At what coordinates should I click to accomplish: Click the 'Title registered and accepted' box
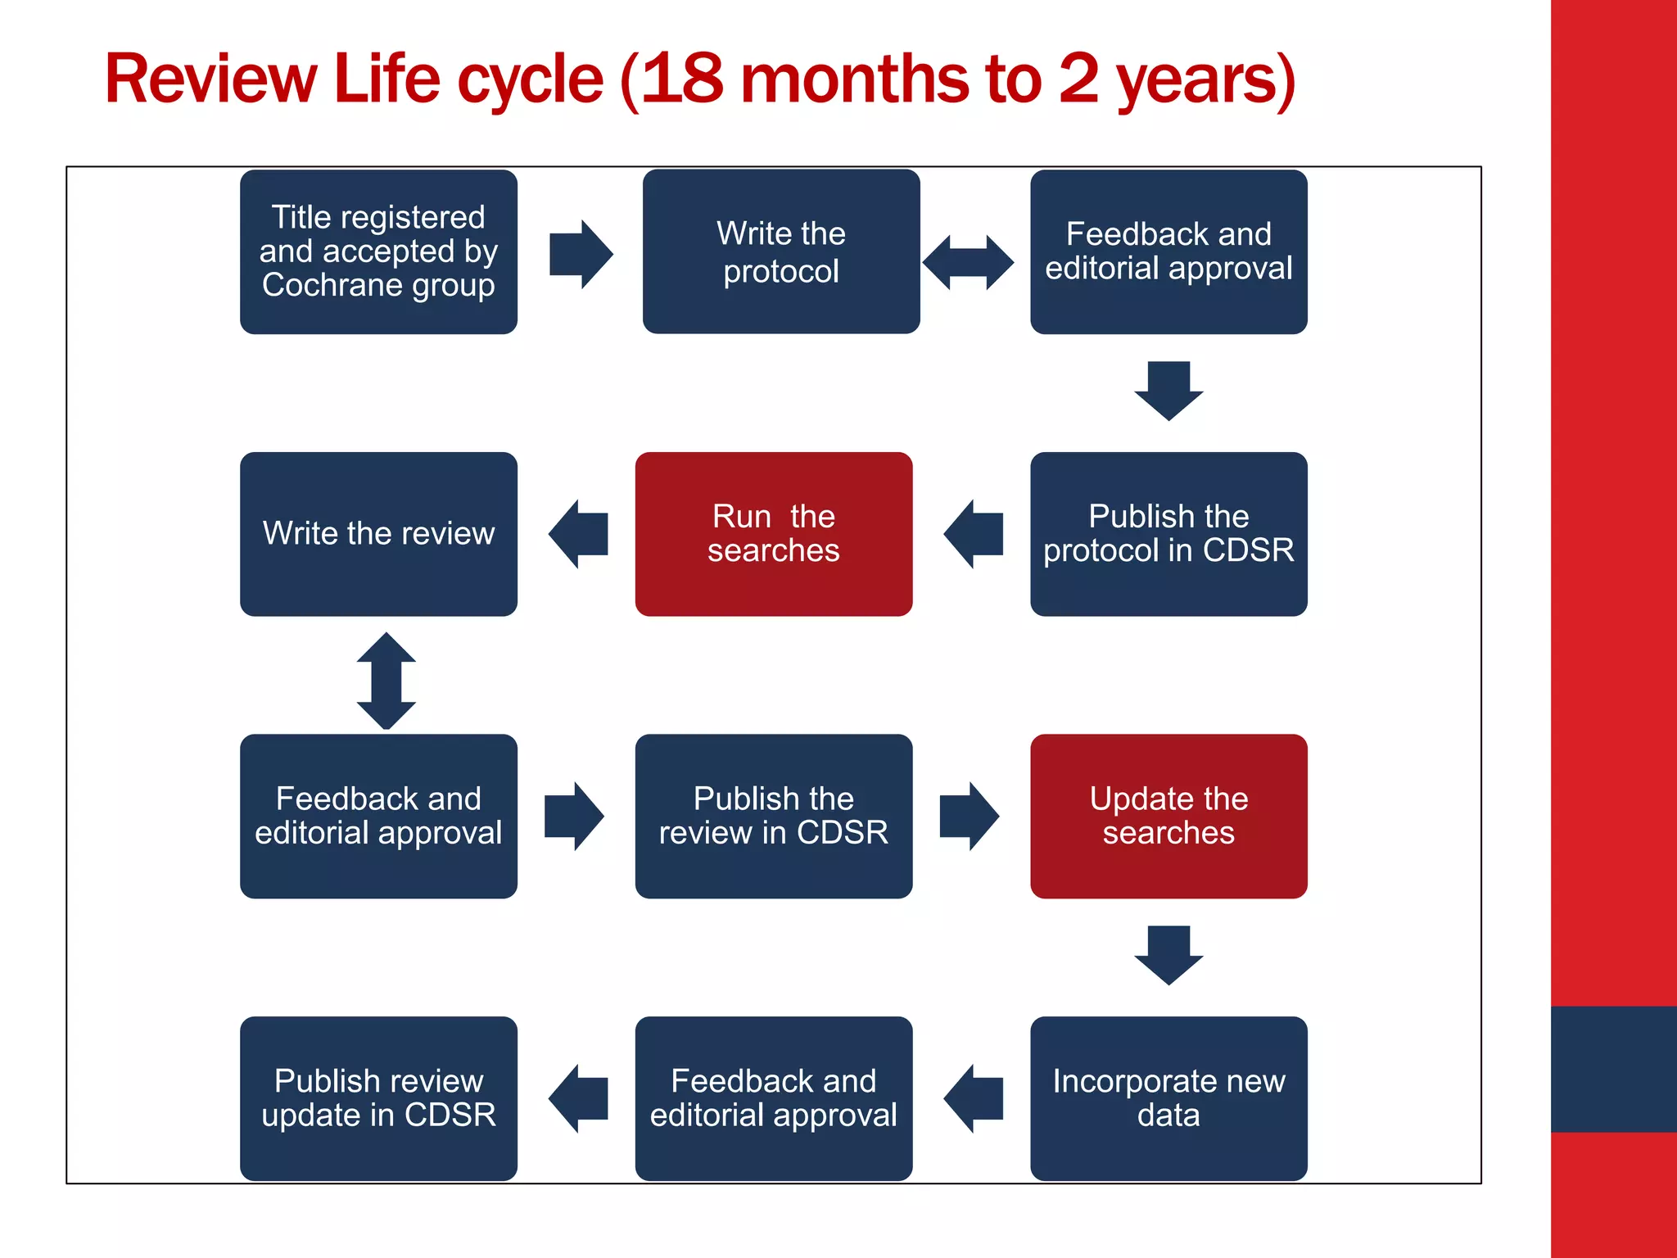pyautogui.click(x=378, y=251)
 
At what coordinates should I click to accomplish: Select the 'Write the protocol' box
pyautogui.click(x=780, y=251)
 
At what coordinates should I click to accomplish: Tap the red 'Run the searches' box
pyautogui.click(x=773, y=533)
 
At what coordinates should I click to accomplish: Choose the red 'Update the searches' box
pyautogui.click(x=1168, y=816)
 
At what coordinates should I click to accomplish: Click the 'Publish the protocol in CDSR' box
pyautogui.click(x=1168, y=533)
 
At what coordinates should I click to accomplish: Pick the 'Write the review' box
pyautogui.click(x=378, y=533)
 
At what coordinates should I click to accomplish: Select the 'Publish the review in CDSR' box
pyautogui.click(x=773, y=816)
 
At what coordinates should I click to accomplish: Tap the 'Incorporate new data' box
pyautogui.click(x=1168, y=1097)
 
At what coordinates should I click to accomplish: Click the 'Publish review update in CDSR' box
pyautogui.click(x=378, y=1097)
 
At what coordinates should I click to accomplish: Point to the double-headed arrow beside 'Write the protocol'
pyautogui.click(x=968, y=262)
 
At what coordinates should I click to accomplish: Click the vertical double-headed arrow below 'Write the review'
pyautogui.click(x=386, y=681)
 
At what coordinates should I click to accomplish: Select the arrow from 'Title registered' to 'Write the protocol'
pyautogui.click(x=581, y=254)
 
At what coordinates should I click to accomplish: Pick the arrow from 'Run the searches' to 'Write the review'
pyautogui.click(x=579, y=534)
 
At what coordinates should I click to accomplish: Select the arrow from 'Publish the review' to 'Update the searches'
pyautogui.click(x=969, y=816)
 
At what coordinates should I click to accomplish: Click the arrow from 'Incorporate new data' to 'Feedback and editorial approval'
pyautogui.click(x=974, y=1098)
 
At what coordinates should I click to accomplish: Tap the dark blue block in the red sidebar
pyautogui.click(x=1613, y=1069)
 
